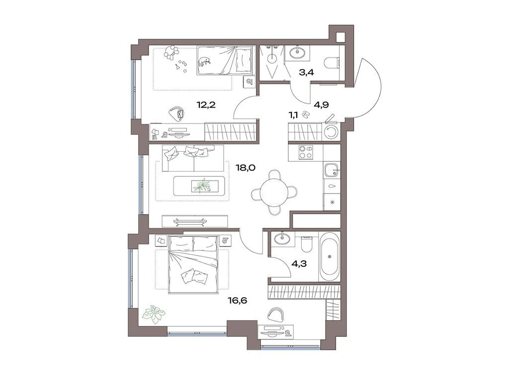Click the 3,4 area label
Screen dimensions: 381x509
click(306, 73)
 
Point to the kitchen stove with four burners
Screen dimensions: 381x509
click(306, 152)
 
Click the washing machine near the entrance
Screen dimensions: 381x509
click(331, 132)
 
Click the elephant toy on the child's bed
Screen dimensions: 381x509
click(204, 62)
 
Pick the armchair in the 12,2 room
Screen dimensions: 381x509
click(176, 113)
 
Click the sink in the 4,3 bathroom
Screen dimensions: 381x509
click(281, 238)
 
